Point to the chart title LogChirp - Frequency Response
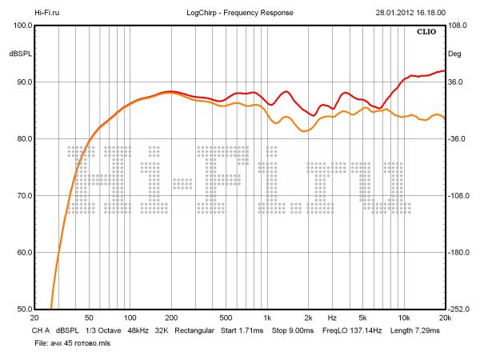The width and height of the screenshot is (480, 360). (x=239, y=13)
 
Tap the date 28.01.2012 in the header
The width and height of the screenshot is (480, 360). (x=394, y=13)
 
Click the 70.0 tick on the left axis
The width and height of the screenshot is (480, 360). (x=23, y=196)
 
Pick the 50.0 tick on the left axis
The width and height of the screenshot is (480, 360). (x=23, y=310)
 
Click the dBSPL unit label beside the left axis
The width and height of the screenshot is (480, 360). (x=20, y=54)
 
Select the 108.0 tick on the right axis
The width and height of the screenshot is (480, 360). (x=457, y=25)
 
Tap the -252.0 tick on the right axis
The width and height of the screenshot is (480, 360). (x=458, y=310)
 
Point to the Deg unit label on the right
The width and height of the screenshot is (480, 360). (x=454, y=54)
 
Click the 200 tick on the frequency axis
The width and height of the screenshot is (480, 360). (x=170, y=317)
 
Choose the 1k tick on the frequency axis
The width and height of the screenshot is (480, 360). (x=267, y=317)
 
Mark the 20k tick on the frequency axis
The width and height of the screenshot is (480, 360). (x=445, y=317)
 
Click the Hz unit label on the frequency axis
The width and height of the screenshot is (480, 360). (x=331, y=317)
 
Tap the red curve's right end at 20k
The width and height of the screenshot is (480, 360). (x=444, y=70)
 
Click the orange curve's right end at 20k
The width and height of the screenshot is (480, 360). (x=444, y=118)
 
